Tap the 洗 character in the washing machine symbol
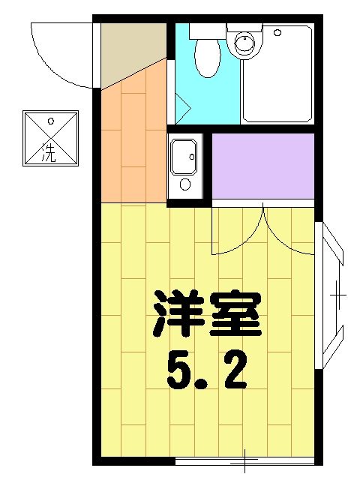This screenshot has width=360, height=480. (x=49, y=151)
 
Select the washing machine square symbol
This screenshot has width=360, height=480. (x=50, y=138)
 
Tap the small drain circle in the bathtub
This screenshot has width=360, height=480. (x=277, y=33)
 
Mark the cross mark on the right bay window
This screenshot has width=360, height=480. (x=338, y=295)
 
